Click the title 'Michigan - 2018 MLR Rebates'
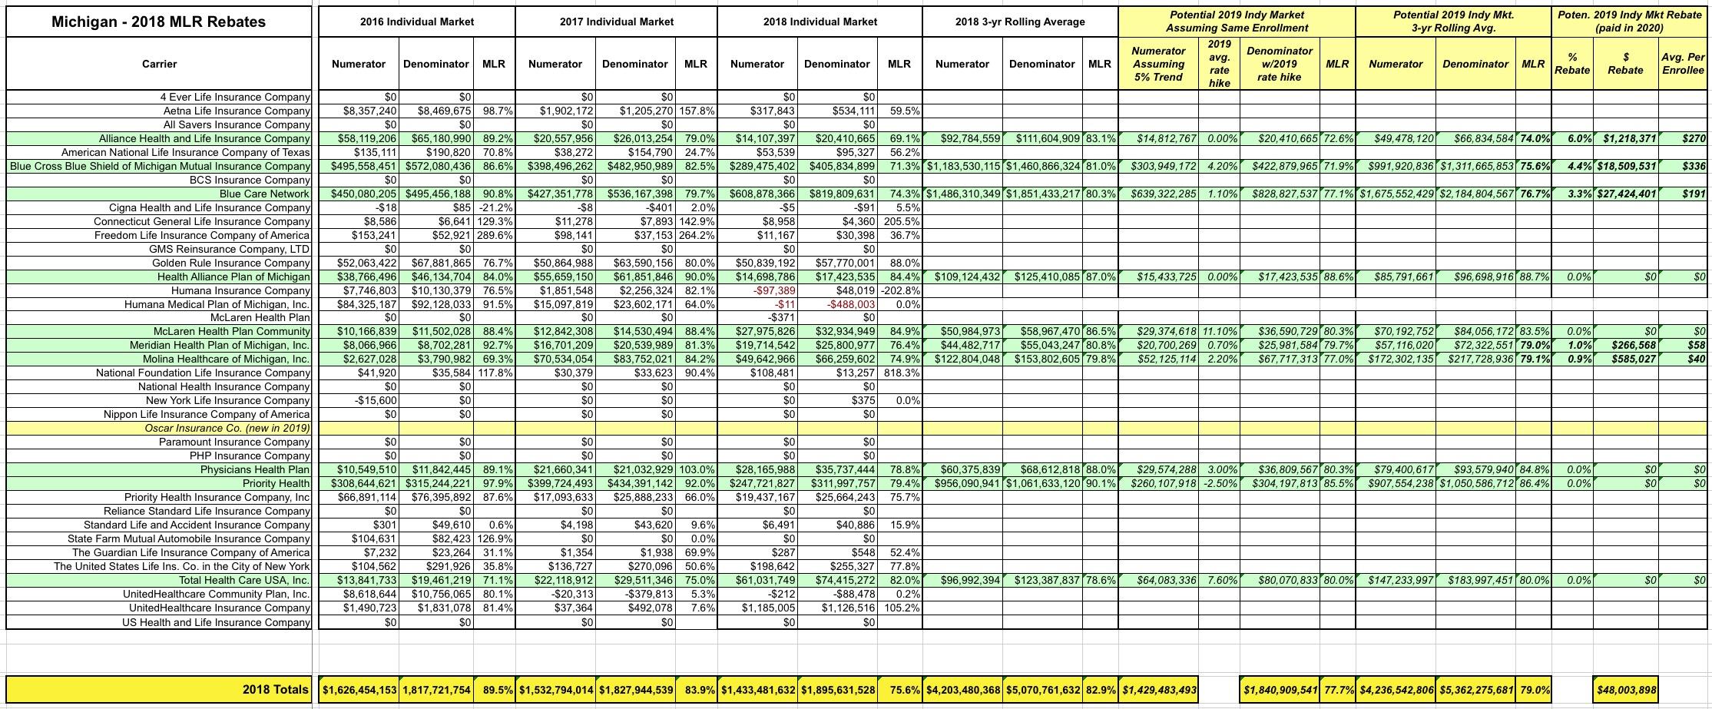[158, 22]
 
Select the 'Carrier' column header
[159, 64]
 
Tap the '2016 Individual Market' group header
[416, 22]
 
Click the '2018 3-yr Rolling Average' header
[1020, 22]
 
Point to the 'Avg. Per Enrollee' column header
[1682, 64]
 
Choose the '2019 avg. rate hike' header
[1219, 64]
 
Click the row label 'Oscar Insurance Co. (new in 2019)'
[227, 428]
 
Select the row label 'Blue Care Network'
[264, 194]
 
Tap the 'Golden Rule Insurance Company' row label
[230, 263]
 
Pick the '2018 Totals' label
[276, 690]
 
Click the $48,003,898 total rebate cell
[1625, 690]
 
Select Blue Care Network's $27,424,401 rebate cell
[1625, 194]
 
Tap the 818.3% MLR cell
[900, 373]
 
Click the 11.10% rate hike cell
[1220, 332]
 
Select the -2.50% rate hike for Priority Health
[1220, 483]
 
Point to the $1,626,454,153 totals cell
[359, 690]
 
